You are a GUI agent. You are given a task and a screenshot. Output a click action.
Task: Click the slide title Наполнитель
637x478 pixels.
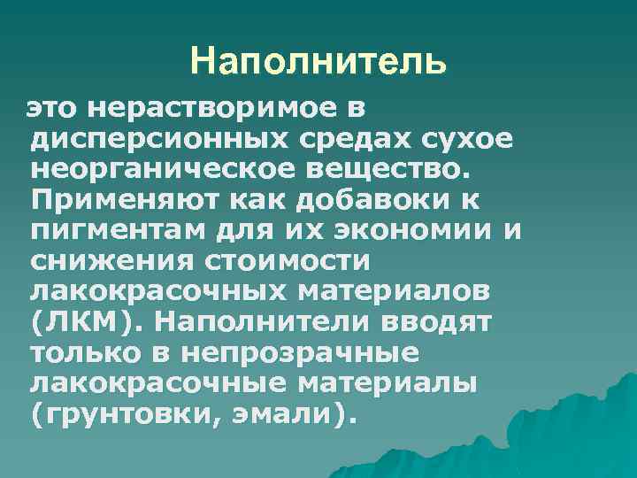click(318, 62)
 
